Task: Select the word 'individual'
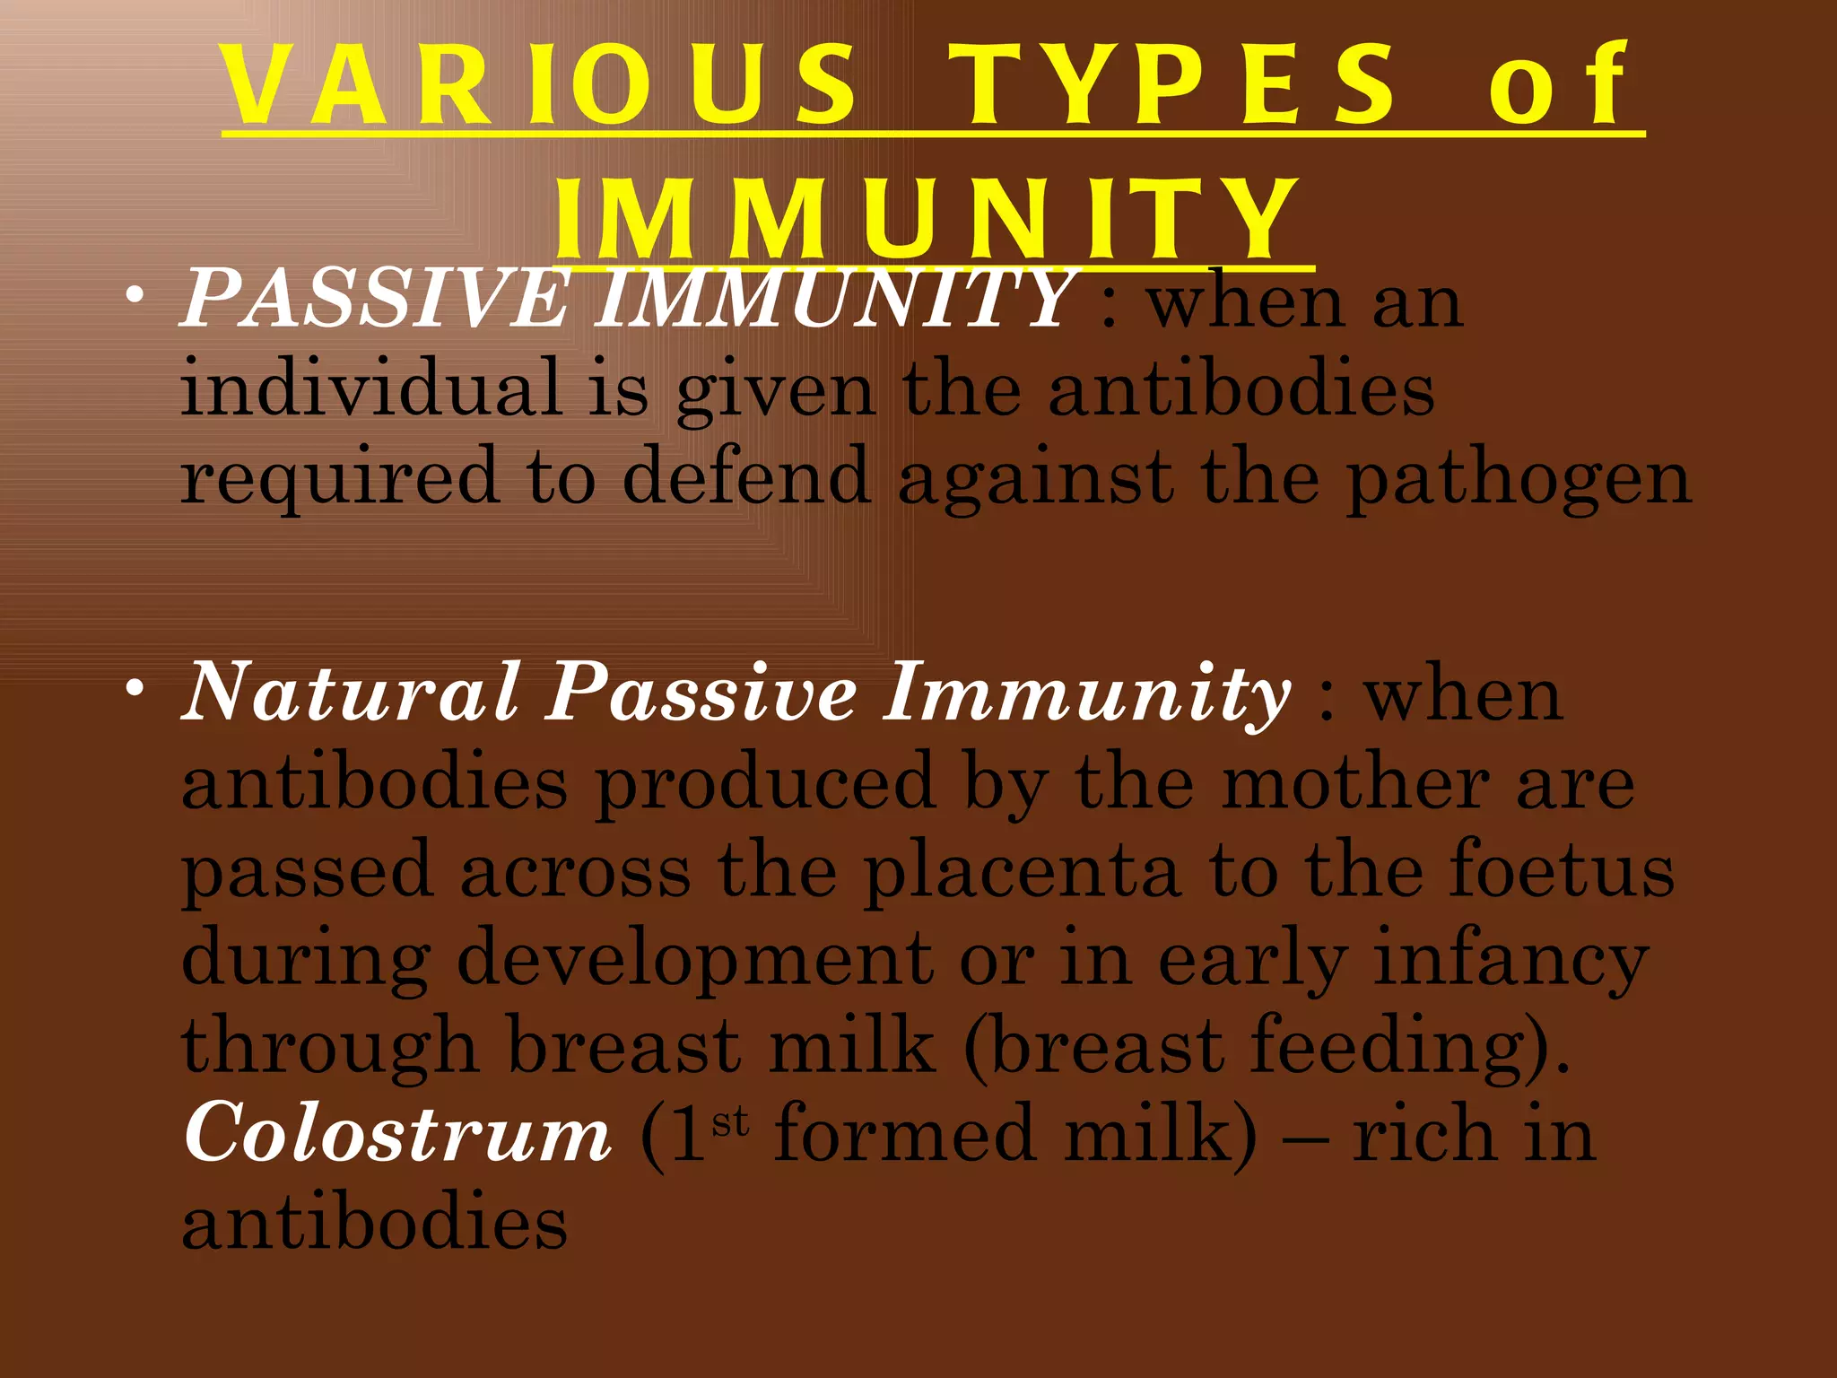pyautogui.click(x=370, y=388)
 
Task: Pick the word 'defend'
pyautogui.click(x=745, y=475)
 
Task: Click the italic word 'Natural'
pyautogui.click(x=351, y=692)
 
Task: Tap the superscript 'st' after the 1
pyautogui.click(x=730, y=1121)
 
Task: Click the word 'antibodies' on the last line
pyautogui.click(x=374, y=1224)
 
